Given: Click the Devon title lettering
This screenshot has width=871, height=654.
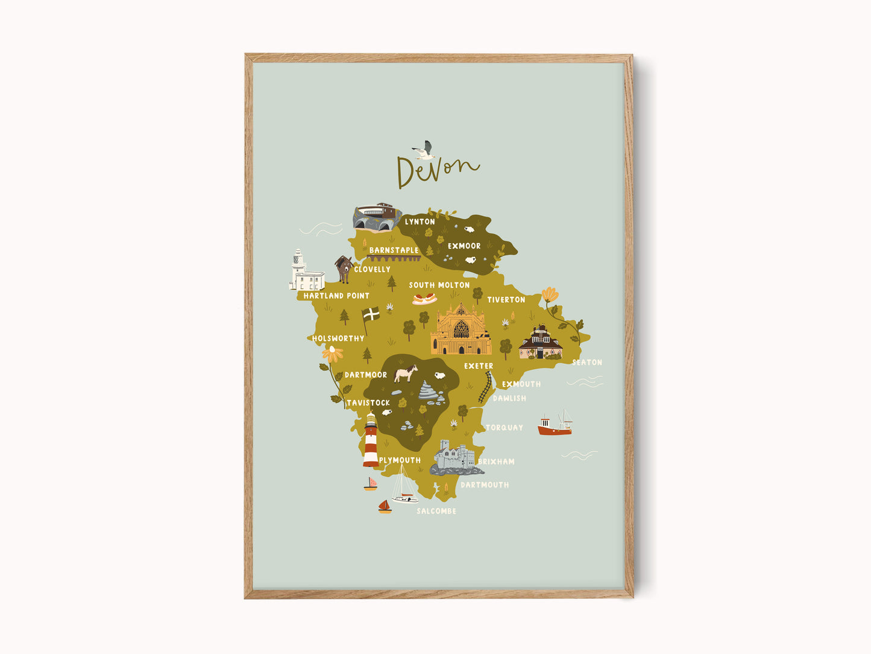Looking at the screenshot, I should click(437, 170).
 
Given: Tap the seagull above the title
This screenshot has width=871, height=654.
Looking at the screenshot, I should click(424, 150).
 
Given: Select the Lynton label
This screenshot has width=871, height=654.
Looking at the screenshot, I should click(420, 222).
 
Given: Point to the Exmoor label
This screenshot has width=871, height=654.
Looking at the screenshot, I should click(464, 246).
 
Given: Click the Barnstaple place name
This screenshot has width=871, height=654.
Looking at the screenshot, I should click(394, 250).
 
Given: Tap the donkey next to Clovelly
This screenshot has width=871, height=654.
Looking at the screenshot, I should click(344, 269).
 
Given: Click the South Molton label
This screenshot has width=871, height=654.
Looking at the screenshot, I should click(439, 285).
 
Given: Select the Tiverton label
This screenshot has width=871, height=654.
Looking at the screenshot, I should click(506, 300).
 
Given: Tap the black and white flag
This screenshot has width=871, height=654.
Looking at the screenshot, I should click(371, 314).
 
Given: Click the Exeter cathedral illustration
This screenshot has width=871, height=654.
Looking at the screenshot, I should click(461, 330).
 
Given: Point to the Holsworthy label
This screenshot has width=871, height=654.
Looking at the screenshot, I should click(338, 339).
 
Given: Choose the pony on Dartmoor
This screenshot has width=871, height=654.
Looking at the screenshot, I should click(406, 373).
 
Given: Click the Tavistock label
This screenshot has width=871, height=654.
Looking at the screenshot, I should click(368, 403).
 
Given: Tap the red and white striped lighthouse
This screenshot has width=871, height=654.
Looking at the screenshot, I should click(371, 441).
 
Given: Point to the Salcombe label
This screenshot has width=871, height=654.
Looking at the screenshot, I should click(436, 512).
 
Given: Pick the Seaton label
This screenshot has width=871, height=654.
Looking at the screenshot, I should click(586, 363).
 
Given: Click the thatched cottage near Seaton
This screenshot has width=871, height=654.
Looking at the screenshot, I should click(540, 343).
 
